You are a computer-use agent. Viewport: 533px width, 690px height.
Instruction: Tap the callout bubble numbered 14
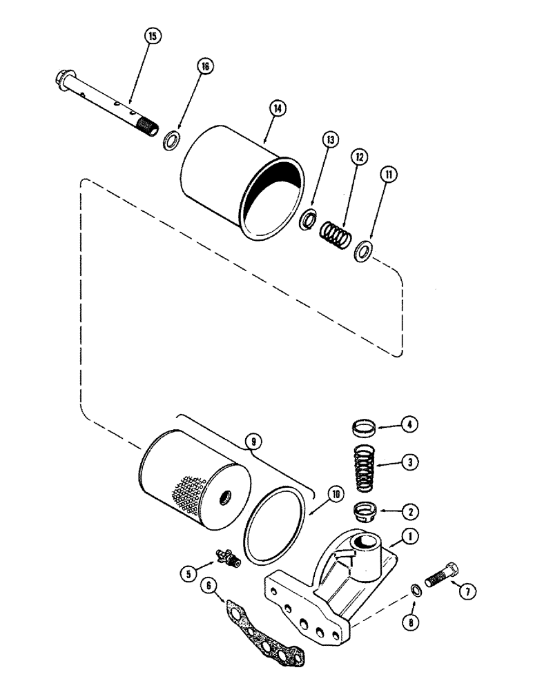click(x=278, y=108)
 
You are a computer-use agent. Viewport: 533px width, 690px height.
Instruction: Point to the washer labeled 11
click(x=364, y=251)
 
